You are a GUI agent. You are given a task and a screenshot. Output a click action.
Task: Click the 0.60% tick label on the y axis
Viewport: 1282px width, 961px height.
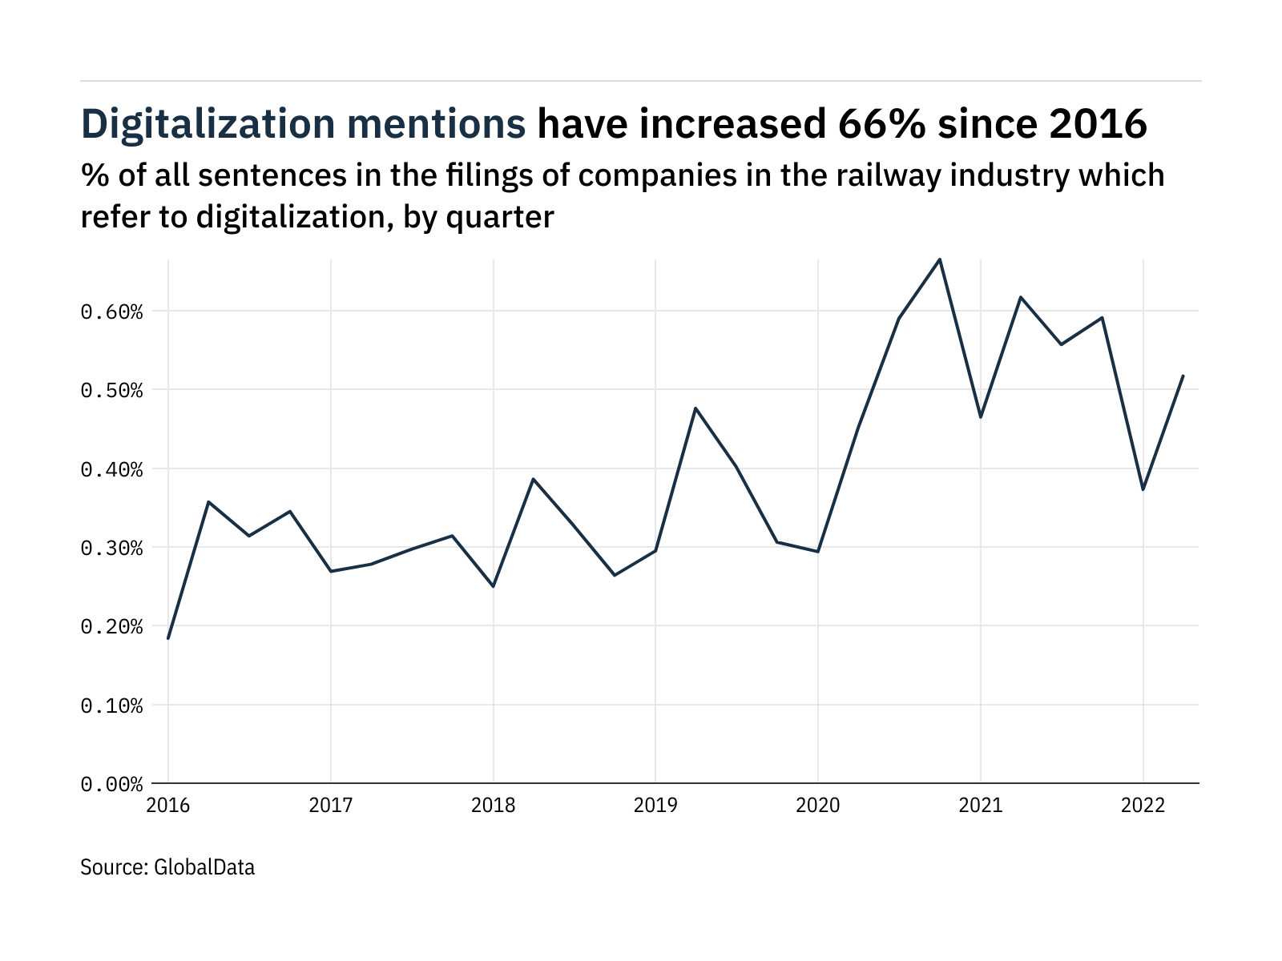111,312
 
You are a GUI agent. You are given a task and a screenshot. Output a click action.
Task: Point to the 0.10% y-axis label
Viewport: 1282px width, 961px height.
111,706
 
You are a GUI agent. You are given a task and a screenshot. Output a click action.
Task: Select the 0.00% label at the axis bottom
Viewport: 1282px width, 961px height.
111,784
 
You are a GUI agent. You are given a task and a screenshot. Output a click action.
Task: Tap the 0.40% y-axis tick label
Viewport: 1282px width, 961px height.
111,469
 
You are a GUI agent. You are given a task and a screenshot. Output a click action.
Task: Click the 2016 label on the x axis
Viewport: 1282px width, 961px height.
168,806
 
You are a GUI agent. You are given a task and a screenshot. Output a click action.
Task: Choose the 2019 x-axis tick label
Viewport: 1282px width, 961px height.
655,806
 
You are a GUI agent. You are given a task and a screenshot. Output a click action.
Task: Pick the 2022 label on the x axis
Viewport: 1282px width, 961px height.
1143,806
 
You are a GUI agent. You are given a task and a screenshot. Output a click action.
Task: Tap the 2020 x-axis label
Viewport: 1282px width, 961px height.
818,806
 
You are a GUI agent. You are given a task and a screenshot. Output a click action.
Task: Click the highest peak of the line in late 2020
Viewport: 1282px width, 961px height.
940,259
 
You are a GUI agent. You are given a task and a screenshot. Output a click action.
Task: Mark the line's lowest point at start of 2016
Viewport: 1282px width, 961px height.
168,638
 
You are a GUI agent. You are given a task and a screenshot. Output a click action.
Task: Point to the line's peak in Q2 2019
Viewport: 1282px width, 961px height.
695,408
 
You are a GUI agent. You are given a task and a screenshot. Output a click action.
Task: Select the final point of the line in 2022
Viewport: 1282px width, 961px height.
1183,376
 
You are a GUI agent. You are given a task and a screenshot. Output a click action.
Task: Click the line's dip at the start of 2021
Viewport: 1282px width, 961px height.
981,417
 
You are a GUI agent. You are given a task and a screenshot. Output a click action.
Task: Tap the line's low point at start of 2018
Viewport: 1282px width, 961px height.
494,586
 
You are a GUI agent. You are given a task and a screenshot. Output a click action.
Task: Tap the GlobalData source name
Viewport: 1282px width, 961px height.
204,867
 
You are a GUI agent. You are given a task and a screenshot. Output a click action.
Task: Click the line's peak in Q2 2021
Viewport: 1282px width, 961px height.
1021,297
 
